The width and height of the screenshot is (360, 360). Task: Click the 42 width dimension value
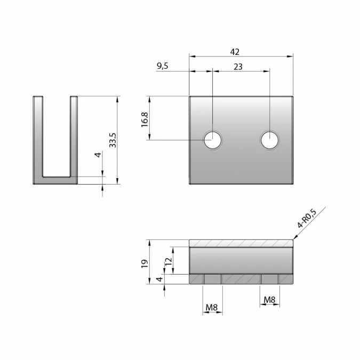[x=235, y=52]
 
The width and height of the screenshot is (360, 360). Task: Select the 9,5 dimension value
[x=162, y=66]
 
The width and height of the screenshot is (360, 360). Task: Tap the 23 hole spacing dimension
[x=238, y=66]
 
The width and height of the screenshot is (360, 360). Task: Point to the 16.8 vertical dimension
[x=145, y=119]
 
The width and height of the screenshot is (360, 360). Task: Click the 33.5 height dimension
[x=113, y=140]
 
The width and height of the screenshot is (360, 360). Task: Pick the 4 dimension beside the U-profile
[x=98, y=155]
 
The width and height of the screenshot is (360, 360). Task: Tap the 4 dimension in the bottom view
[x=159, y=279]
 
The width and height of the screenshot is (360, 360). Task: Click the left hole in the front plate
[x=212, y=140]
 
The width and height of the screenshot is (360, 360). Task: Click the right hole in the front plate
[x=269, y=140]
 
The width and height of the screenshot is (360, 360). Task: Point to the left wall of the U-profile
[x=38, y=136]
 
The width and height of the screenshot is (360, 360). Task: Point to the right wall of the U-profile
[x=74, y=136]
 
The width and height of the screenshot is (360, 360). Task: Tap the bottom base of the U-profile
[x=55, y=180]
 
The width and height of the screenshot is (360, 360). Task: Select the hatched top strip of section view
[x=241, y=243]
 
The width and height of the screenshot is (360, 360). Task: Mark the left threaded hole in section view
[x=212, y=279]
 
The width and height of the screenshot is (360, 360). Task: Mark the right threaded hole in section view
[x=269, y=279]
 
